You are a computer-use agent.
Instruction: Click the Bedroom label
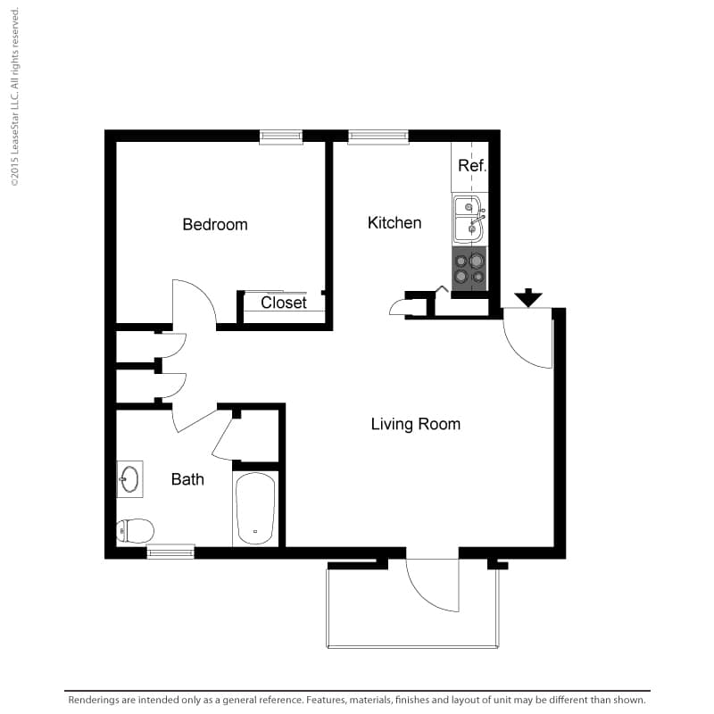215,225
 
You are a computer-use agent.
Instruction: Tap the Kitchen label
394,222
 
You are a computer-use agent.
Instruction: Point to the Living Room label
416,424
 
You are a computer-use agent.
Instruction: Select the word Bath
187,479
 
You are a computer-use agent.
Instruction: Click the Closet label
284,303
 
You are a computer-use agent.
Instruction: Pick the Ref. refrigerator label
472,166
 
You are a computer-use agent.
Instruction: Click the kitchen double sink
469,219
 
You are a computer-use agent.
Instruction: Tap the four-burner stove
469,269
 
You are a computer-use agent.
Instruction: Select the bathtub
255,508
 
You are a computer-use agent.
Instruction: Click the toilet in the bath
136,530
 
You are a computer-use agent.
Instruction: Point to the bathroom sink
129,479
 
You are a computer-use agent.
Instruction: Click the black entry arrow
528,297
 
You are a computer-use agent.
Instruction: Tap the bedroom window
281,137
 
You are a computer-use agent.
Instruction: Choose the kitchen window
378,137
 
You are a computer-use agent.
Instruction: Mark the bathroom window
170,552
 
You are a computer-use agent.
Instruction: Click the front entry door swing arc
519,352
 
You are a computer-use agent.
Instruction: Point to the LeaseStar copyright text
14,97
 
